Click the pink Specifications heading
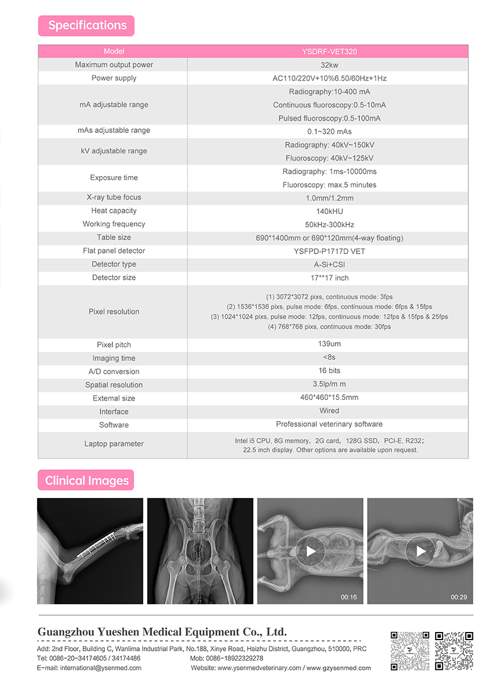[87, 26]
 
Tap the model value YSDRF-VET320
[330, 51]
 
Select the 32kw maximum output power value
[330, 65]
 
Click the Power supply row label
[114, 78]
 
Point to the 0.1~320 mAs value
[330, 131]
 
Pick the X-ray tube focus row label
[114, 197]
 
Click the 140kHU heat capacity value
[330, 211]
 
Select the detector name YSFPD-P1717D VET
[330, 251]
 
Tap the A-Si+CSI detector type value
[330, 265]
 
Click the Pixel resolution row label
[114, 311]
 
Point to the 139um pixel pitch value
[330, 344]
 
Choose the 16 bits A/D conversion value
[330, 371]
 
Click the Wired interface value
[330, 411]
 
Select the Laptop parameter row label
[114, 444]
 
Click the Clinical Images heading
[87, 481]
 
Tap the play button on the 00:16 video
[311, 551]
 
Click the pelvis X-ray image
[200, 551]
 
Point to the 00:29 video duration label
[458, 597]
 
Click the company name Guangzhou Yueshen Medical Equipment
[162, 632]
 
